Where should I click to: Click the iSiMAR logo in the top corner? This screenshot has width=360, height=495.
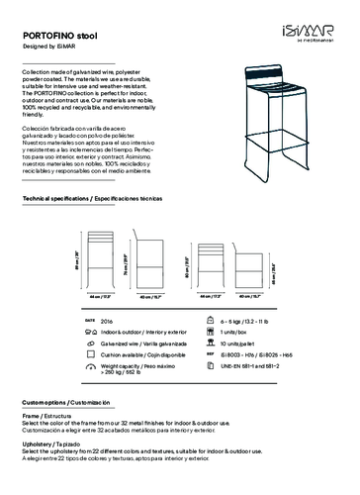pyautogui.click(x=315, y=21)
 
